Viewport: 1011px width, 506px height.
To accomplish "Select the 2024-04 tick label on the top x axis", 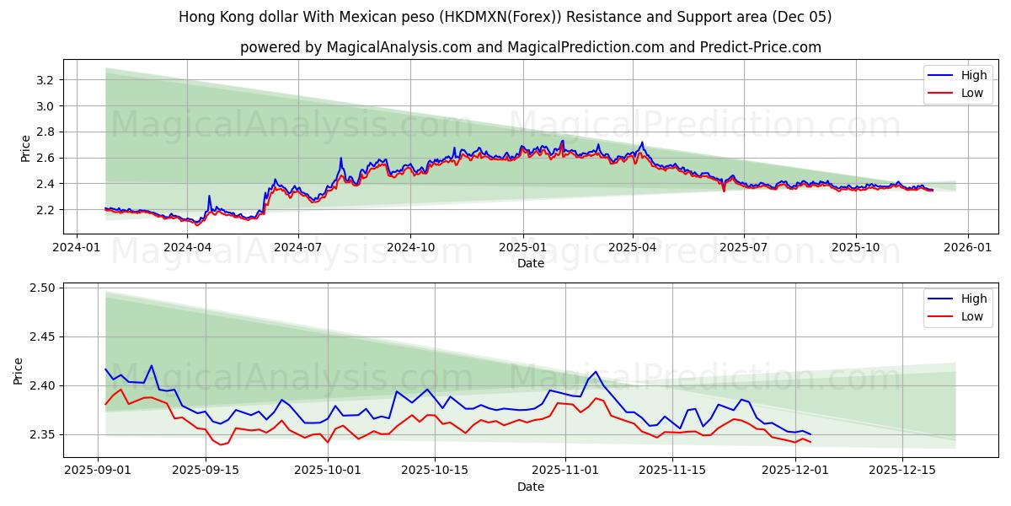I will point(187,247).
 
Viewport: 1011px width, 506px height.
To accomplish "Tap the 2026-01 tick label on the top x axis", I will point(967,247).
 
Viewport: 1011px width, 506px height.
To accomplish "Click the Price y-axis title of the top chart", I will point(25,148).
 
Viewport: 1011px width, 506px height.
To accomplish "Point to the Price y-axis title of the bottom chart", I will point(19,371).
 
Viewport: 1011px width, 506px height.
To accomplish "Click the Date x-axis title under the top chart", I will point(530,263).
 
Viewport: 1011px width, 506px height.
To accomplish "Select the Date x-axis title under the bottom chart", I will point(530,487).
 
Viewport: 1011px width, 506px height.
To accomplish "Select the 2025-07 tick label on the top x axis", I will point(744,247).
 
